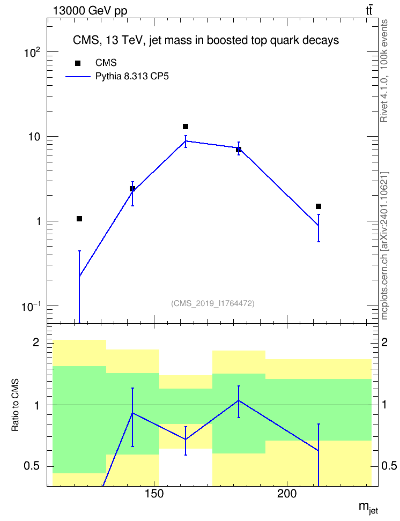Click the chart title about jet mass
pos(206,41)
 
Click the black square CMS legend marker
pos(78,63)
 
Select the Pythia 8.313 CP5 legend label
pos(132,77)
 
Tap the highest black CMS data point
pos(186,126)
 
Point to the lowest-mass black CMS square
pos(79,219)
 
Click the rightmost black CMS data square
pos(318,206)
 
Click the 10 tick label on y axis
pos(34,137)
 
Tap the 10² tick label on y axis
pos(32,52)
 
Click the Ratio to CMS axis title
pos(15,405)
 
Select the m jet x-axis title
pos(368,508)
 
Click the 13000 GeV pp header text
pos(90,11)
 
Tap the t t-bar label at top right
pos(369,10)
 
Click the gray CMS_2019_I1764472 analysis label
pos(213,303)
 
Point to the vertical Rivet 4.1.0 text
pos(384,71)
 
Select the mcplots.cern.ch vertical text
pos(384,245)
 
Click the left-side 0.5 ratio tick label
pos(32,466)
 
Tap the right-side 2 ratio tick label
pos(384,342)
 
